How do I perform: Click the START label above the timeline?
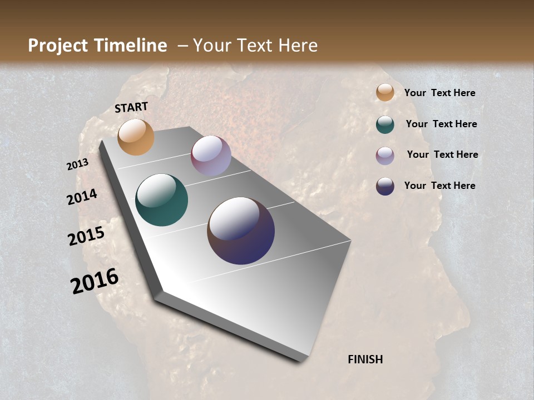pos(131,107)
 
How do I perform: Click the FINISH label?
pos(365,359)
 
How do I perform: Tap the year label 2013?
pos(78,164)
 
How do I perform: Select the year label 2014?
pos(82,197)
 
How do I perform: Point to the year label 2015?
pos(86,236)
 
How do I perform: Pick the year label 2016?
pos(95,281)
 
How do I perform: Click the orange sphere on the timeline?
pos(136,137)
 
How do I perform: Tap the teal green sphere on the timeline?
pos(161,200)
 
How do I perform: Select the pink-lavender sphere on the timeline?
pos(211,156)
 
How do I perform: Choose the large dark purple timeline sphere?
pos(241,231)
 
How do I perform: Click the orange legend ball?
pos(385,93)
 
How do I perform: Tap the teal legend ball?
pos(385,124)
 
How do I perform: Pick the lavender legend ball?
pos(385,156)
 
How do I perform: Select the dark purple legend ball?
pos(385,186)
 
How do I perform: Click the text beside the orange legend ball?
pos(439,93)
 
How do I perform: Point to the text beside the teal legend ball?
pos(441,124)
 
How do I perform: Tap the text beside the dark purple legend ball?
pos(439,186)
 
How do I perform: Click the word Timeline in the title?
pos(131,46)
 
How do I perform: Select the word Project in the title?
pos(58,46)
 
